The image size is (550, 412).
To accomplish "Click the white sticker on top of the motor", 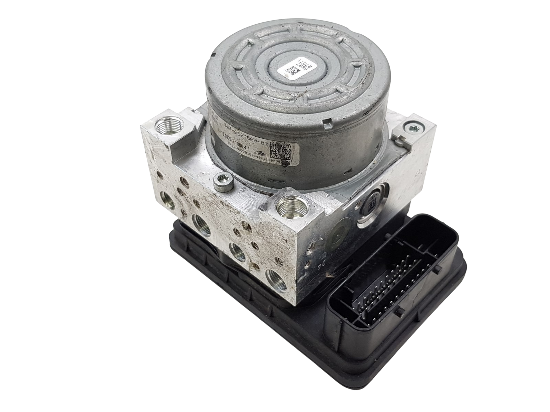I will [x=290, y=68].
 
